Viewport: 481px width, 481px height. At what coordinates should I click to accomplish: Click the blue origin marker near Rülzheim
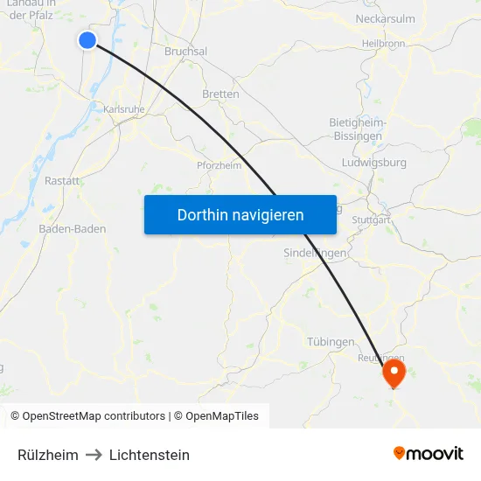[x=87, y=39]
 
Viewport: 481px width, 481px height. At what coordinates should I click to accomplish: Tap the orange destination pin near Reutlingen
[x=394, y=373]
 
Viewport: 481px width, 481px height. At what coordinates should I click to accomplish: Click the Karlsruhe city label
[x=124, y=109]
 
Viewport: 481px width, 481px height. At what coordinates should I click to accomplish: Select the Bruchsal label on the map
[x=185, y=52]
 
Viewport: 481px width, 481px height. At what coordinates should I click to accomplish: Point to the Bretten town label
[x=220, y=94]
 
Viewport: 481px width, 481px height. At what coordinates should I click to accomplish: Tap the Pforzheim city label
[x=220, y=164]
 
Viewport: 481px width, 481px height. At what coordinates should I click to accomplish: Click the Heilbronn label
[x=383, y=43]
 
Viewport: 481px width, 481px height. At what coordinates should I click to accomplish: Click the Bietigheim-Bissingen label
[x=356, y=129]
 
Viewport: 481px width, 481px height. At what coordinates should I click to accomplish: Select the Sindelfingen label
[x=316, y=253]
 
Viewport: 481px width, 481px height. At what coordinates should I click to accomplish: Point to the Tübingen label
[x=331, y=341]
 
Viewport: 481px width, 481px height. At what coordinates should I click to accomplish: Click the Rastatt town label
[x=62, y=181]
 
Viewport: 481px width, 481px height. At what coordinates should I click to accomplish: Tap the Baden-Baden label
[x=73, y=229]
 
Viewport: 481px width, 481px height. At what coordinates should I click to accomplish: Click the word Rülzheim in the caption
[x=48, y=455]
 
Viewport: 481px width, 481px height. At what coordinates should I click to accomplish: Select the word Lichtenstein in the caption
[x=150, y=455]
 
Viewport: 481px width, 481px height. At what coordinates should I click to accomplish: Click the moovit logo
[x=428, y=453]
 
